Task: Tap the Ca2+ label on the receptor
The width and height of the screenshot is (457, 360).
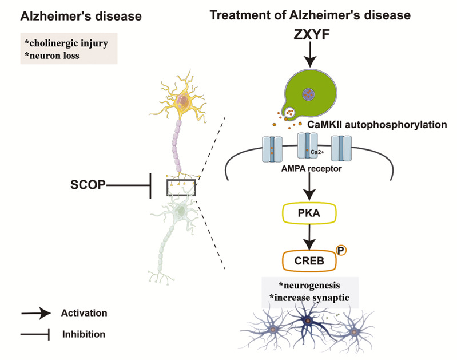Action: [314, 152]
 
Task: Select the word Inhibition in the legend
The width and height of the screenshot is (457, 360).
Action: [82, 333]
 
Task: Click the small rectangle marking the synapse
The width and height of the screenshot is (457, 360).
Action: [181, 187]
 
